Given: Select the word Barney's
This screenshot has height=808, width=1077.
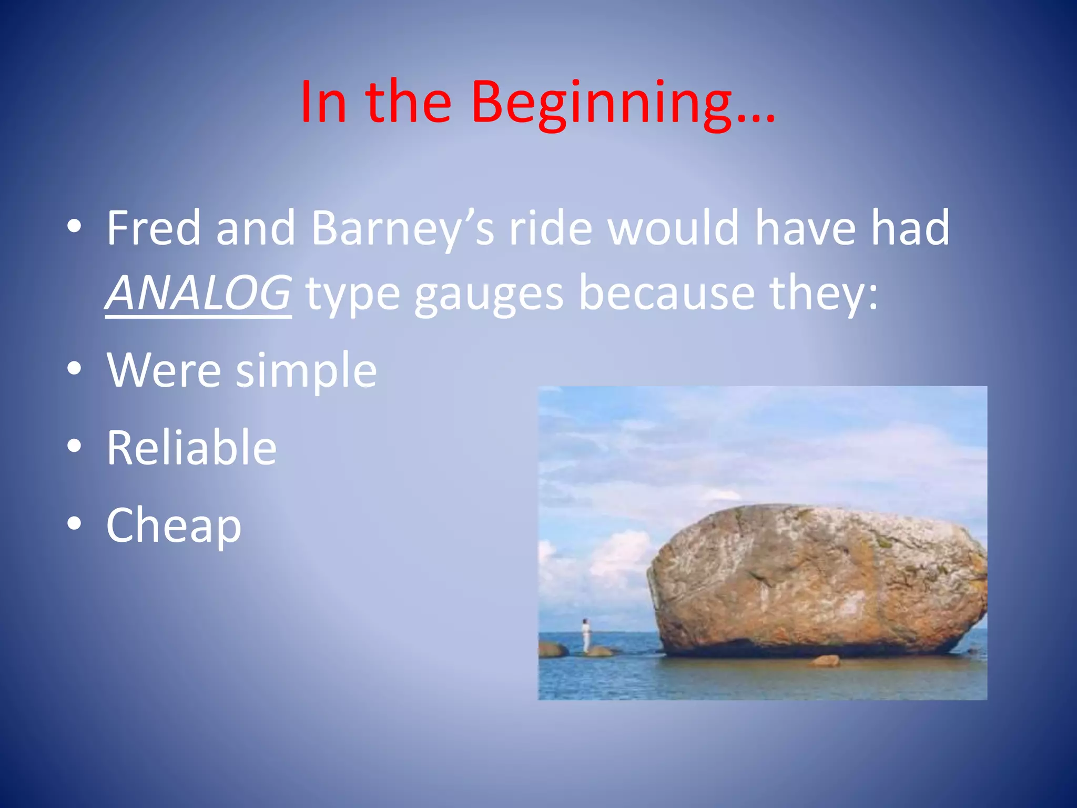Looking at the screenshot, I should [402, 228].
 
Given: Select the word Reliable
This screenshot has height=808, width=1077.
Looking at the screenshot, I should [191, 447].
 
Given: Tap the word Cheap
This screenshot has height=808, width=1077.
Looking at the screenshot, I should [174, 525].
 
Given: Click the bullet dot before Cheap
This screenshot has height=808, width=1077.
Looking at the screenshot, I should [74, 524].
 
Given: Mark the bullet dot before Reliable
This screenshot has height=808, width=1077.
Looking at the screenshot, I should [74, 446].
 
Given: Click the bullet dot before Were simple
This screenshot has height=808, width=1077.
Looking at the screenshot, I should [74, 369].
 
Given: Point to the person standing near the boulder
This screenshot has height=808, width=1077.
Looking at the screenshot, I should [585, 635].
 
